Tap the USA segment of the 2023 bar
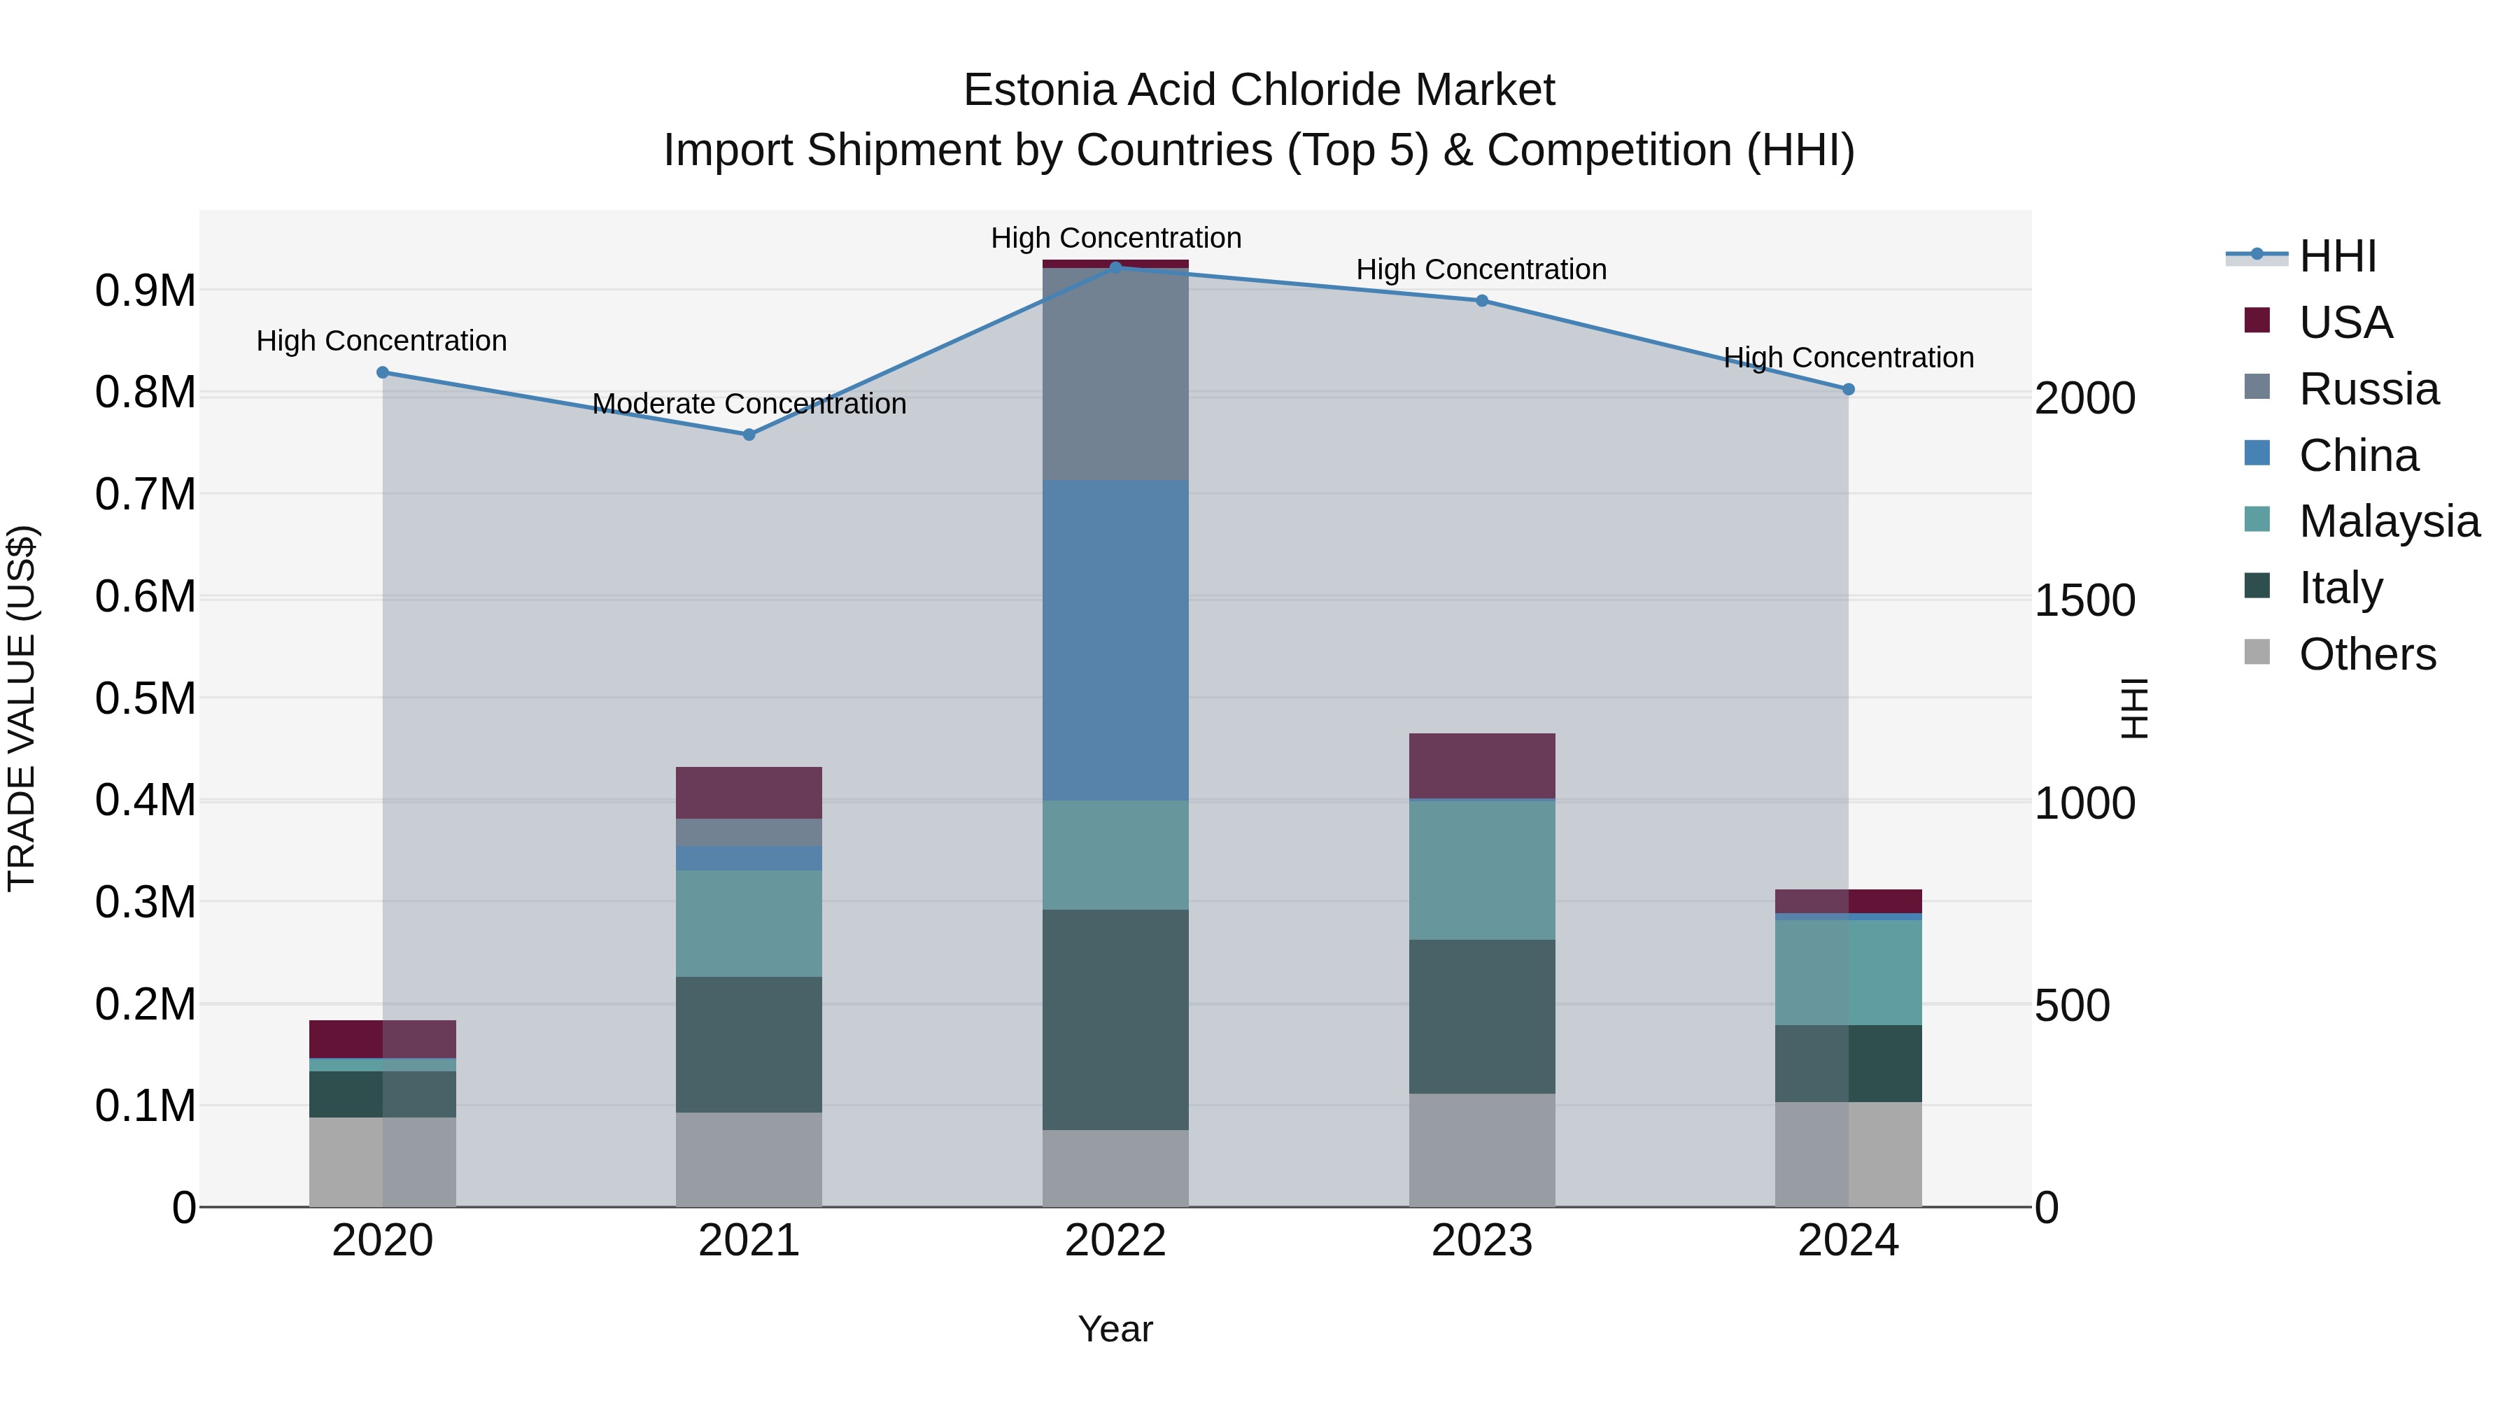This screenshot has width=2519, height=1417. click(x=1481, y=766)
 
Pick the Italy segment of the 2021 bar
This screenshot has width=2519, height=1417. click(x=749, y=1045)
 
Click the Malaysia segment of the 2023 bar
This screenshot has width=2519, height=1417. click(x=1481, y=870)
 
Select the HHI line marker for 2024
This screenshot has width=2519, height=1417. click(x=1848, y=389)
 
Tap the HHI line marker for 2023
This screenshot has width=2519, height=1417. click(x=1481, y=301)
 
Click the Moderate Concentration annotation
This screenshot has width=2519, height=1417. click(x=749, y=404)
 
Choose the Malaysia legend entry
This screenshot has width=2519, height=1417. click(x=2388, y=521)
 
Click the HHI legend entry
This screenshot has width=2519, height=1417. click(x=2337, y=256)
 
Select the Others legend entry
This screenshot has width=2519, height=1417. click(x=2366, y=654)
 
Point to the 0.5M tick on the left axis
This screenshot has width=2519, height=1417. click(x=145, y=698)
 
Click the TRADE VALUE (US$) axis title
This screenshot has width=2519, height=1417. click(x=22, y=708)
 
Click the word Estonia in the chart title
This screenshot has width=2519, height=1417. click(x=1038, y=90)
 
